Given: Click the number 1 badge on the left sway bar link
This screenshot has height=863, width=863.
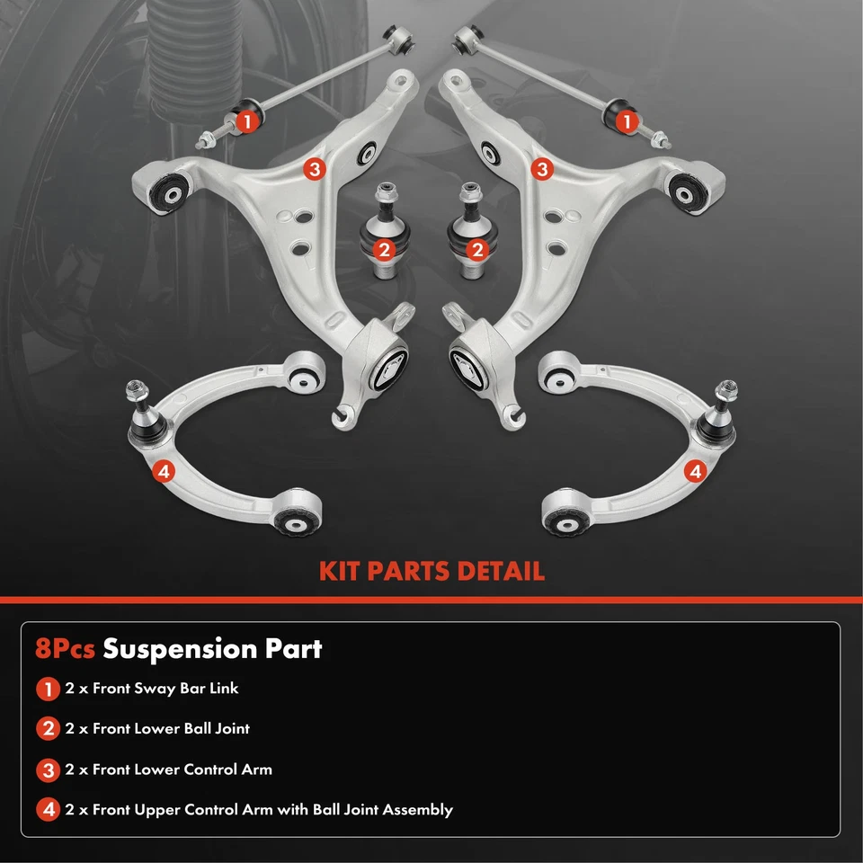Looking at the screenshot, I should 247,119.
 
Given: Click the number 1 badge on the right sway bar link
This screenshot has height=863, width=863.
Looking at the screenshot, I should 626,119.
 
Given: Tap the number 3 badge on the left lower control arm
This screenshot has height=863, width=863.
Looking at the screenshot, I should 312,168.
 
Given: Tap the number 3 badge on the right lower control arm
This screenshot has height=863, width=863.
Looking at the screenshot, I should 541,168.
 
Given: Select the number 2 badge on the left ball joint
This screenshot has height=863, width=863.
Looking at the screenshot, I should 384,249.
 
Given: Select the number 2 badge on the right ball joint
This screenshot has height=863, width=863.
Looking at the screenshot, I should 477,249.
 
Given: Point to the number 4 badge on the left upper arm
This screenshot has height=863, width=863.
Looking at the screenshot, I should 163,469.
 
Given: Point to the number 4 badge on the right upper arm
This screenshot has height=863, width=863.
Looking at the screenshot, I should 695,469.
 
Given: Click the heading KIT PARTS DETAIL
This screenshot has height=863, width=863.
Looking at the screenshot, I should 431,571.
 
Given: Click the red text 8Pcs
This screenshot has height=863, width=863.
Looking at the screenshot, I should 66,649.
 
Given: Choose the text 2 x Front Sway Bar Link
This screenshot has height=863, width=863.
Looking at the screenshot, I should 152,689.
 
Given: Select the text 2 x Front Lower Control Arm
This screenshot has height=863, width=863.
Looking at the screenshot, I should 168,770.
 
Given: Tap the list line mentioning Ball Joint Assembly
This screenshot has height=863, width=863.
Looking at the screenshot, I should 259,810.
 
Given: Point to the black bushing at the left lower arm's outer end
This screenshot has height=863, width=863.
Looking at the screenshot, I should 166,190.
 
